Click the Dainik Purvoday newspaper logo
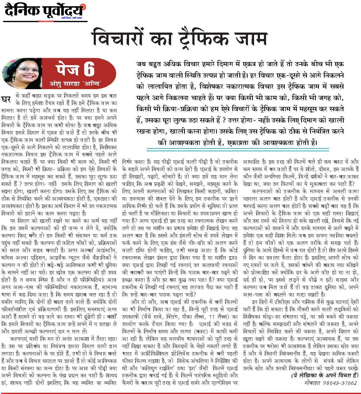point(44,11)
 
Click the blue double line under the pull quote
point(237,150)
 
